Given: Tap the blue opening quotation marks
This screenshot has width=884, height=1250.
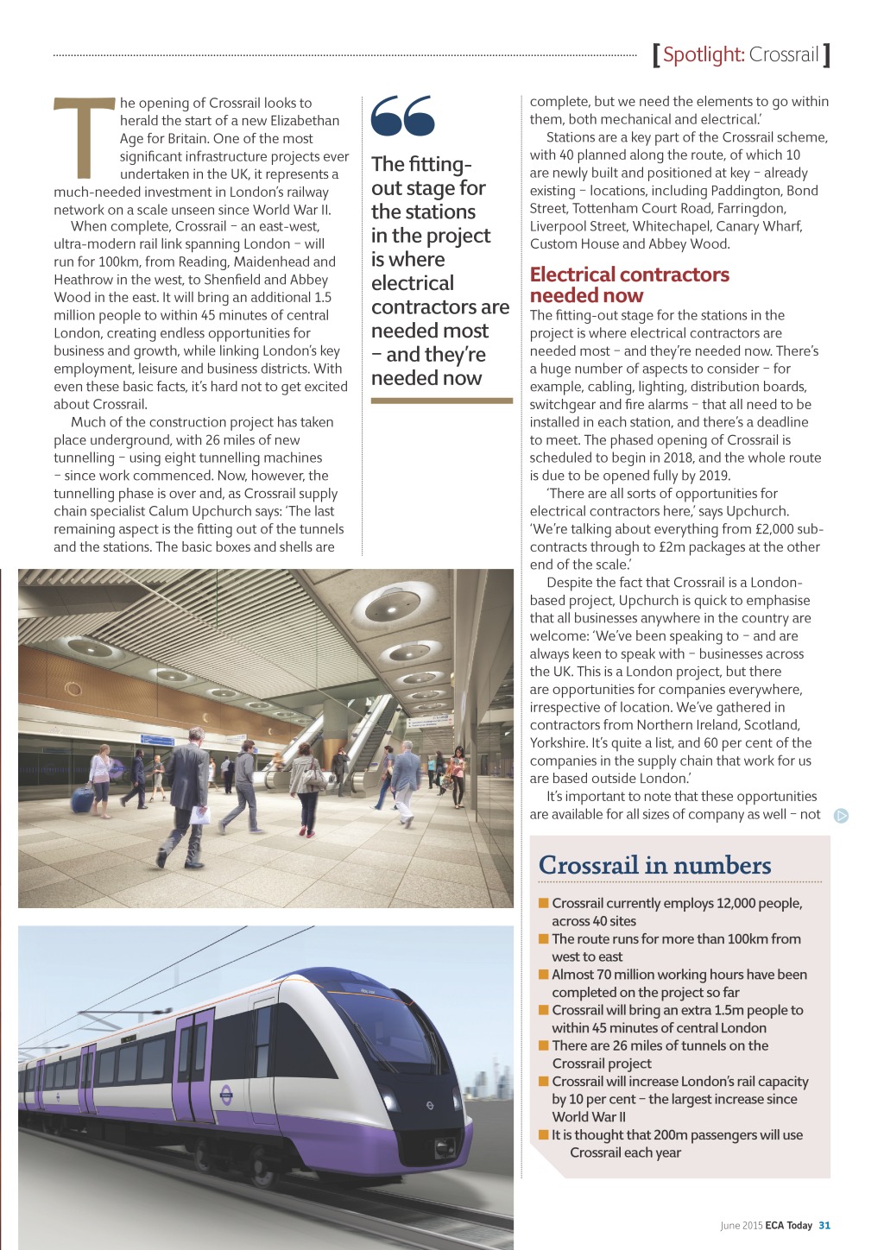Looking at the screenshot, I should tap(402, 116).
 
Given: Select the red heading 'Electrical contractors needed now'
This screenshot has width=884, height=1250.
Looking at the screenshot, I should tap(629, 284).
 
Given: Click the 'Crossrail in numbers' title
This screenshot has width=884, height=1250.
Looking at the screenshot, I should tap(654, 865).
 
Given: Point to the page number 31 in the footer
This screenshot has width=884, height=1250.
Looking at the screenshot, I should tap(824, 1225).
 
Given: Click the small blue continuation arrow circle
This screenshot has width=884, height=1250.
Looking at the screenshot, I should tap(841, 815).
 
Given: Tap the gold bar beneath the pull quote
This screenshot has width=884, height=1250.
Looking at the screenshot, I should tap(441, 401).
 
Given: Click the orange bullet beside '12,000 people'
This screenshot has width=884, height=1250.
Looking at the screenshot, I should tap(544, 903).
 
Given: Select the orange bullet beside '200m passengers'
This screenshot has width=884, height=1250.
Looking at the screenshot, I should tap(544, 1134).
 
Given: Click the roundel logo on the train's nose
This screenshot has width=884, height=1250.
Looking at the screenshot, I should tap(429, 1105).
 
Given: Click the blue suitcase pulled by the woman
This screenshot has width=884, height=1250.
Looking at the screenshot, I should tap(83, 799).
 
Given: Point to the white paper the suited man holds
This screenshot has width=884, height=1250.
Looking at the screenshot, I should tap(200, 815).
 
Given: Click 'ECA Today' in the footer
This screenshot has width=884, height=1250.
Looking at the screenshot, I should tap(788, 1225).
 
